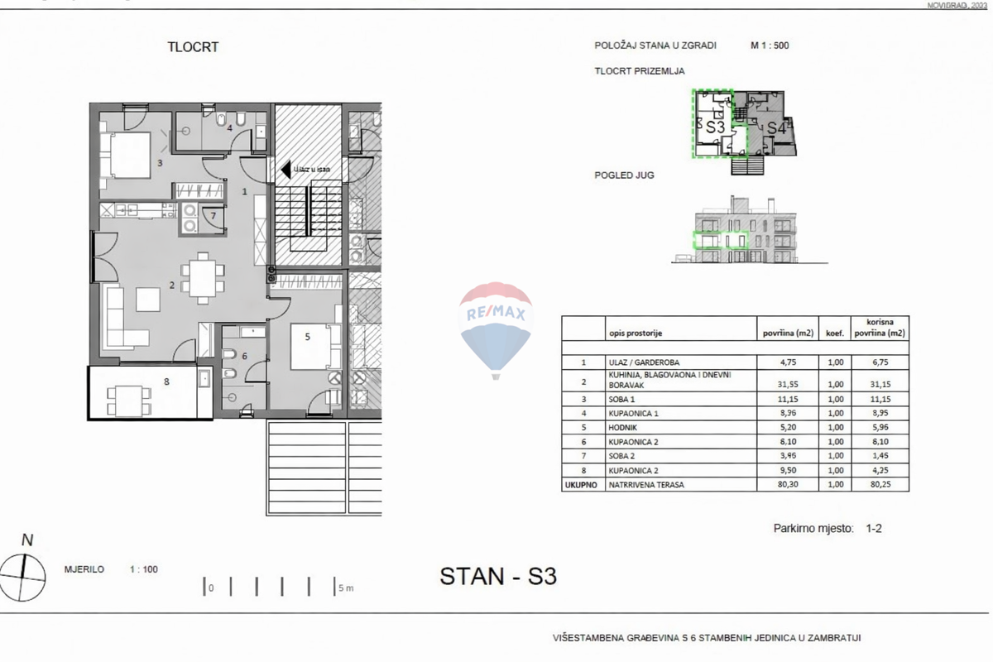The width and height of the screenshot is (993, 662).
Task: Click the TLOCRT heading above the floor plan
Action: point(193,47)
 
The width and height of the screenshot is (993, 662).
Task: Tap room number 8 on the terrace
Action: point(166,381)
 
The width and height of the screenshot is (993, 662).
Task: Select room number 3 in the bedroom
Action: point(161,163)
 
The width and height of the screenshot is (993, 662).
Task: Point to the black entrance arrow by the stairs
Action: point(285,170)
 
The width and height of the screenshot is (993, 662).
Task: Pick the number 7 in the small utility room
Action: point(213,217)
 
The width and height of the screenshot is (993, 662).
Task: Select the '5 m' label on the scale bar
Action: point(345,588)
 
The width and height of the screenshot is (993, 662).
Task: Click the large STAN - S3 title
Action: point(498,576)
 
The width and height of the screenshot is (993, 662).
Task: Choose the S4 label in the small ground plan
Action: point(775,128)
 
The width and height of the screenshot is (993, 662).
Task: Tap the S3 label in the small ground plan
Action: point(715,127)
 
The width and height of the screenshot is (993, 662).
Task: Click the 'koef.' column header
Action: point(835,333)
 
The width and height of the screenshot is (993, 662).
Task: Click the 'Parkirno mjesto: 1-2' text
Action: point(827,527)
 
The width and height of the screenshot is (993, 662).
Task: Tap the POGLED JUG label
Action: point(621,175)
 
